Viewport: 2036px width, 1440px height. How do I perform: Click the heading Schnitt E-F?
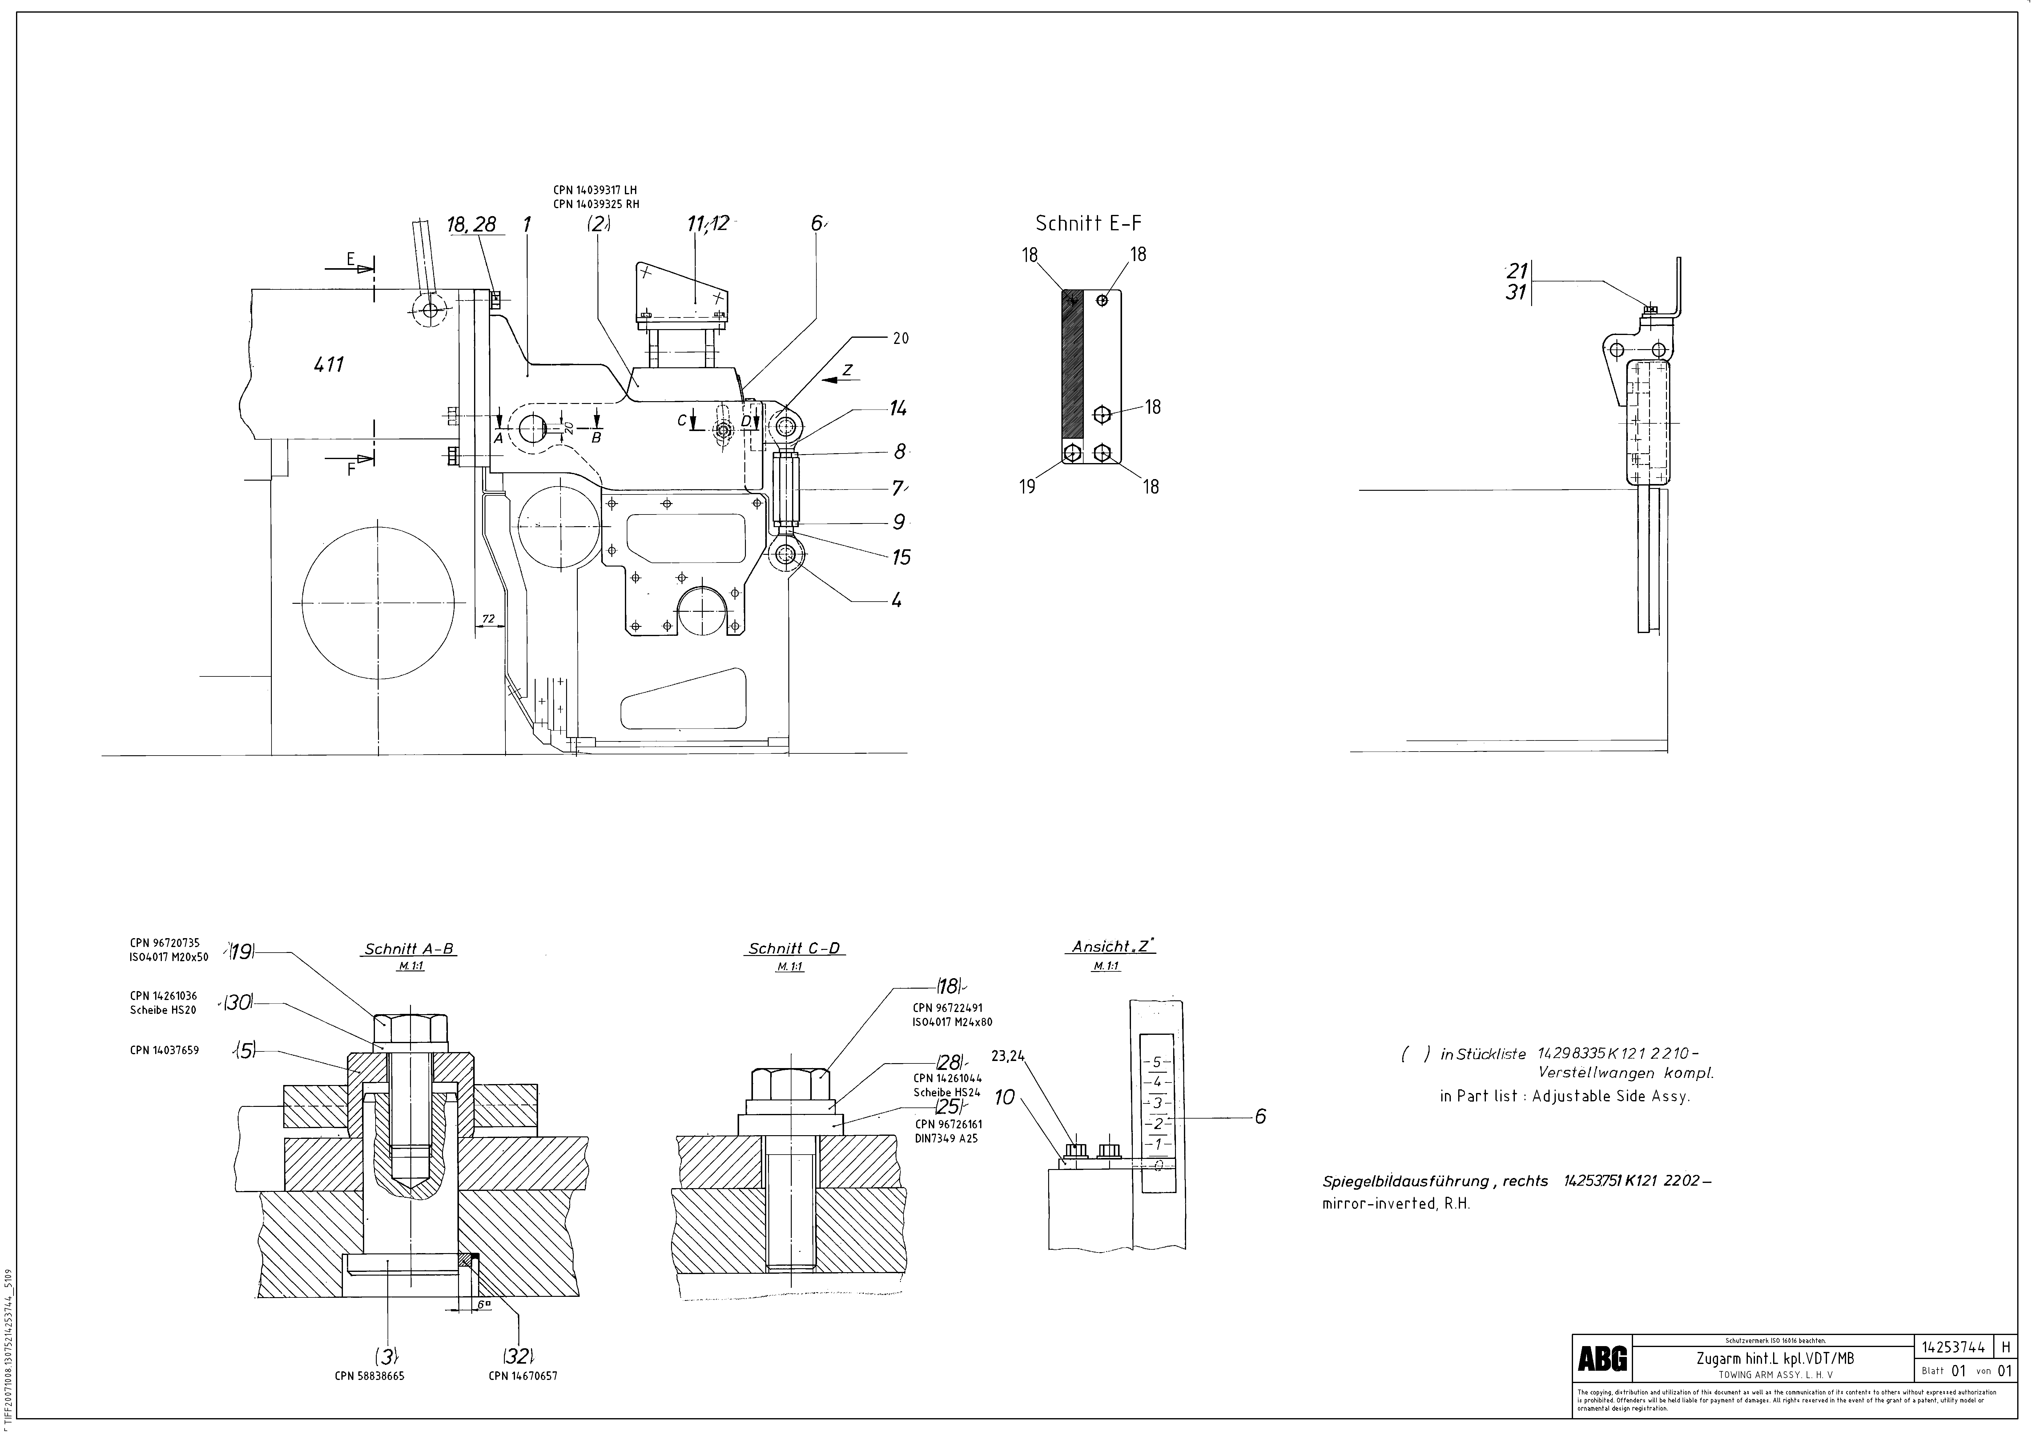point(1088,224)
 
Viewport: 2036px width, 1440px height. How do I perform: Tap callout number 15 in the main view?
point(901,558)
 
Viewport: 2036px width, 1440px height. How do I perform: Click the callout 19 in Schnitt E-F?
point(1027,487)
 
